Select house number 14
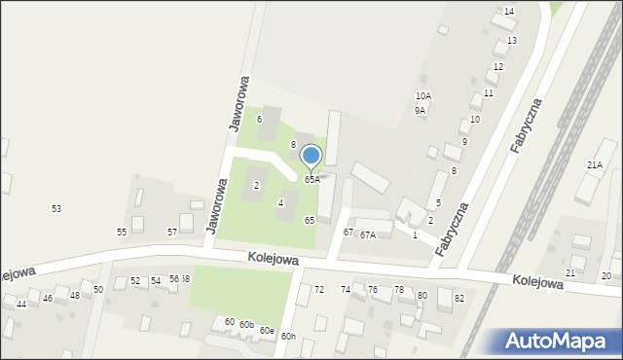coord(508,11)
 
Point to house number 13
coord(511,41)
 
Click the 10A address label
coord(422,96)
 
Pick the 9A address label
coord(420,111)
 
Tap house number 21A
coord(594,166)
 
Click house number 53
coord(56,209)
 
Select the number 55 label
coord(122,233)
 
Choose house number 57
coord(172,233)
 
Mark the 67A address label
coord(367,235)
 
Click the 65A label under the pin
coord(311,180)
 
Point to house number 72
coord(318,291)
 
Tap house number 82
coord(458,298)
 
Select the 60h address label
coord(288,337)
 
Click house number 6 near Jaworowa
coord(259,120)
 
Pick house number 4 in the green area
coord(280,203)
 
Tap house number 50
coord(98,291)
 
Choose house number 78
coord(398,291)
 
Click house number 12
coord(497,67)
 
